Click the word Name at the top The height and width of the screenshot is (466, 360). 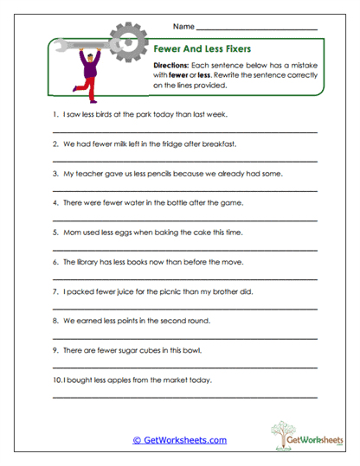[x=183, y=27]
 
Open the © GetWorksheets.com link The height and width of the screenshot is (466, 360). [x=179, y=440]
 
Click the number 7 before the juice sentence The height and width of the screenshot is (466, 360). [x=55, y=291]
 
